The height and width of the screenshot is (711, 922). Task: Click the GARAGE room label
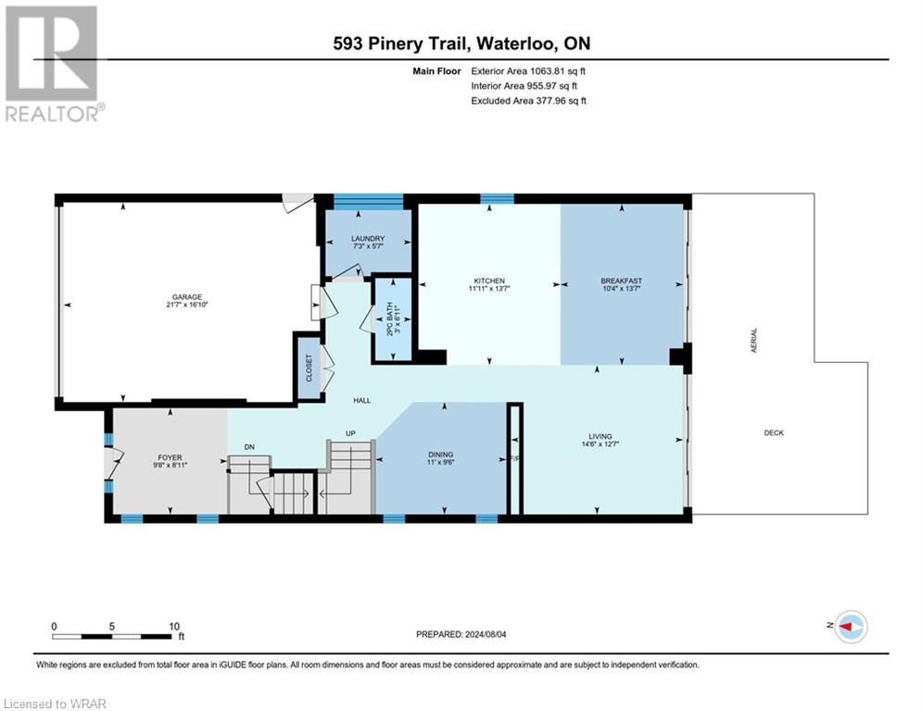[186, 297]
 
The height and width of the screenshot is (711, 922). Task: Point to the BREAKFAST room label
[621, 281]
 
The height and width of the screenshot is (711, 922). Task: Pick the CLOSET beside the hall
[309, 368]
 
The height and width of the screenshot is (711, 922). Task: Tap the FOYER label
[168, 455]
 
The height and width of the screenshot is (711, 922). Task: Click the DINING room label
[440, 455]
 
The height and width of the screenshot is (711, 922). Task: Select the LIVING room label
[600, 436]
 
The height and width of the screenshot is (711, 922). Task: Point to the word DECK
[774, 432]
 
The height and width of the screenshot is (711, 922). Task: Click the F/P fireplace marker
[514, 456]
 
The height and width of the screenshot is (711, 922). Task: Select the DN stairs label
[249, 447]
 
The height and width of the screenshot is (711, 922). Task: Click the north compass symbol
[849, 627]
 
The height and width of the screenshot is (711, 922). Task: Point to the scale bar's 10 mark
[173, 626]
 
